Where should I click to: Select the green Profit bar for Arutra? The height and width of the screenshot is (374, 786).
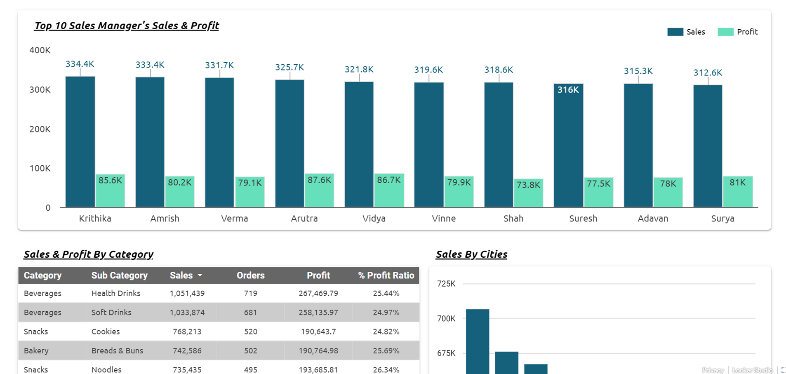pos(319,191)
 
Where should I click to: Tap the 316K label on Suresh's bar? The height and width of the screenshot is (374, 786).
pos(568,90)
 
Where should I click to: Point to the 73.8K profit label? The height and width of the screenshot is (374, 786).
pos(528,185)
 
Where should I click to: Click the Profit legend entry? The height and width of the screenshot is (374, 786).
pos(738,32)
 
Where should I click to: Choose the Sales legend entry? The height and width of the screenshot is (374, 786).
pos(686,32)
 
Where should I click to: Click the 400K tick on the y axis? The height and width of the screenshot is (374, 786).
pos(40,50)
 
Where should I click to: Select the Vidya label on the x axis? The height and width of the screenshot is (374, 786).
pos(374,219)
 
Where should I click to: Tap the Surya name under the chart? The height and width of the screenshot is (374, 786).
pos(722,219)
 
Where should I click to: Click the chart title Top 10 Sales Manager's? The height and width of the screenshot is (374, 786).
pos(126,26)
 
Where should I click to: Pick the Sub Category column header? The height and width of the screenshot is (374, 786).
pos(119,275)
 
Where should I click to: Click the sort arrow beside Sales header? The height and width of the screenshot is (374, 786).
pos(200,275)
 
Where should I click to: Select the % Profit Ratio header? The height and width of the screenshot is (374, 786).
pos(386,275)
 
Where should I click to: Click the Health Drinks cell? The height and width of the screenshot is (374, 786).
pos(116,293)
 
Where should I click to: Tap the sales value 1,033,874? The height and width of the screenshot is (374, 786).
pos(187,313)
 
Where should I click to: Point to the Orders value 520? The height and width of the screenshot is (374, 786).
pos(250,332)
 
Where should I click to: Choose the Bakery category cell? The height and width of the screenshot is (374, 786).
pos(36,350)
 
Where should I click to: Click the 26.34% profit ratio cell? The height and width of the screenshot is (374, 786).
pos(386,369)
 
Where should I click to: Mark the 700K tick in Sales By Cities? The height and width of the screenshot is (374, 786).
pos(446,318)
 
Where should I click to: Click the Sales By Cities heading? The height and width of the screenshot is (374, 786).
pos(471,254)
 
